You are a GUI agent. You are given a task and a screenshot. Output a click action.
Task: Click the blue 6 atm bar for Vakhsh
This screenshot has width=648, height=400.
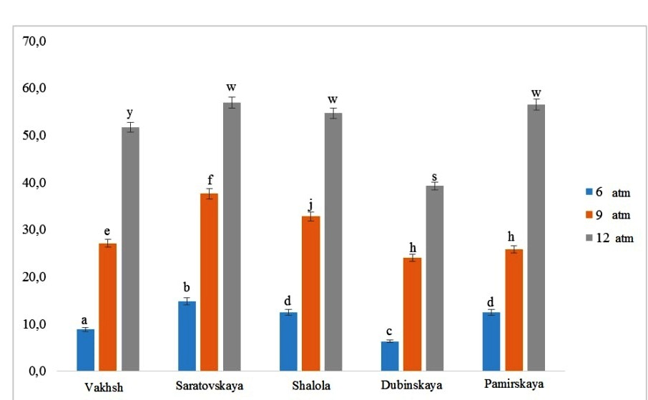(x=86, y=350)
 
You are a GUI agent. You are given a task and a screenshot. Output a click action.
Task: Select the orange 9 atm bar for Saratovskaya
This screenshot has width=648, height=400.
(x=209, y=282)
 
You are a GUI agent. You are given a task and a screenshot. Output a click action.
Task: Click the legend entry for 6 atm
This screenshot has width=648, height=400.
(x=609, y=192)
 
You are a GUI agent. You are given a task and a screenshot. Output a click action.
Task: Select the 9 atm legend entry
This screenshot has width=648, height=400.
(x=609, y=215)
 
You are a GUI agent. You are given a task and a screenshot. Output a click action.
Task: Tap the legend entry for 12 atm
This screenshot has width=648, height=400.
(x=612, y=238)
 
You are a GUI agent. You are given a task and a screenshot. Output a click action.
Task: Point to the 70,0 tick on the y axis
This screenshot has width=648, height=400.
(x=35, y=41)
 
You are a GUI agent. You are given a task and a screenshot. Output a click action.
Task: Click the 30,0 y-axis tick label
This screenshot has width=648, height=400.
(x=35, y=230)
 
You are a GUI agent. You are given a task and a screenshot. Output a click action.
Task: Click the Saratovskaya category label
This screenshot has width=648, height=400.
(x=209, y=386)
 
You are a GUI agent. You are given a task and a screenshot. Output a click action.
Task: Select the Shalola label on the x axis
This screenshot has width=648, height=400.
(x=310, y=386)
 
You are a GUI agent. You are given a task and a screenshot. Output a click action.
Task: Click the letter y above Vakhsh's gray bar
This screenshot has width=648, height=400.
(x=130, y=114)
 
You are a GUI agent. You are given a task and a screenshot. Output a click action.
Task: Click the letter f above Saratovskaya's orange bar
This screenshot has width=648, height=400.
(x=210, y=179)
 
